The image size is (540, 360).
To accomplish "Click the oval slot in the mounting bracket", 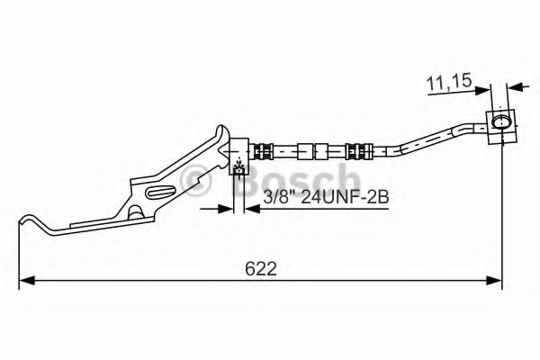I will pos(163,190).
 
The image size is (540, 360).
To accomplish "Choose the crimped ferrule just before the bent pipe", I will pos(356,149).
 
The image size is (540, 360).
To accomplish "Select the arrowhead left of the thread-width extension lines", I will pos(224,210).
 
